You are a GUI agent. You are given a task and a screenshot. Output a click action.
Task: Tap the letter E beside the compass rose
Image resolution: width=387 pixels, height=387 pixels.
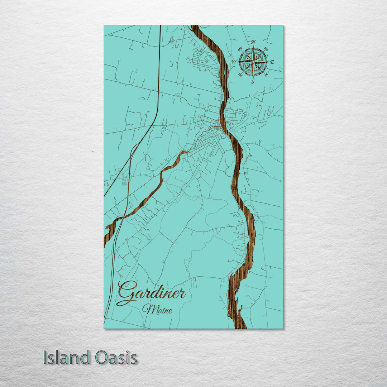[272, 62]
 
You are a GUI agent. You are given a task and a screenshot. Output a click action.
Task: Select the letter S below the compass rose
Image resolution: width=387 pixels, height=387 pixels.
[253, 81]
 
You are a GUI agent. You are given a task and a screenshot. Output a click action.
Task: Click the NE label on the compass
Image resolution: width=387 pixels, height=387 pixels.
[266, 49]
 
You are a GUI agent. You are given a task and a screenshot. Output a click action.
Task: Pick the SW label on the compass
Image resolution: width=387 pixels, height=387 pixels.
[240, 75]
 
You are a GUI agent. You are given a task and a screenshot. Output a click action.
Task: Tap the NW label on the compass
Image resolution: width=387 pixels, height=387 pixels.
[240, 49]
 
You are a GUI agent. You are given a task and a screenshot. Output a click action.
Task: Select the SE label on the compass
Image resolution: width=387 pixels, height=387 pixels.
[266, 75]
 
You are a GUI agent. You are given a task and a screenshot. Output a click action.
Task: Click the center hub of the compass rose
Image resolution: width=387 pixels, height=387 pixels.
[253, 62]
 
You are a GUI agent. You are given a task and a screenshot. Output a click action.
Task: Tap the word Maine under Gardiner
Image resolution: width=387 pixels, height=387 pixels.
[157, 309]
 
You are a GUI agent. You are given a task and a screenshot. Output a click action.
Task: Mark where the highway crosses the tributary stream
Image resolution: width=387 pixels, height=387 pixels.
[123, 217]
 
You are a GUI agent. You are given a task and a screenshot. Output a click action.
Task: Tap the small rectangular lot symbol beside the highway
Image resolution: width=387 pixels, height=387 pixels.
[124, 182]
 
